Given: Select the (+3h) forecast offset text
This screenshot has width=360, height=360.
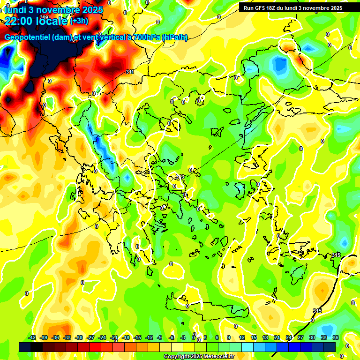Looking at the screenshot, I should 78,21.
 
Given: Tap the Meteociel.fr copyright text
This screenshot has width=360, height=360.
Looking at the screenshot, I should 199,357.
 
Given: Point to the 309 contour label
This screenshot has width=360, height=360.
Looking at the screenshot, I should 44,17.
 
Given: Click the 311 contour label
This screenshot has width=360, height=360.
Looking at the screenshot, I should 130,72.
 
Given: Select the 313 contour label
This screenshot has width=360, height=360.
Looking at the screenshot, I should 180,177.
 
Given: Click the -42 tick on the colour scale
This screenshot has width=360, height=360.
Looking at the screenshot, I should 32,337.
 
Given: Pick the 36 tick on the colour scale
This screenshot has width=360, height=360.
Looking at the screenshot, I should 335,337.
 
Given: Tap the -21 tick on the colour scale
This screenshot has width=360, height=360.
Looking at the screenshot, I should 114,337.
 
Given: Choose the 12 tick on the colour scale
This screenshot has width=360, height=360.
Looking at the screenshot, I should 242,337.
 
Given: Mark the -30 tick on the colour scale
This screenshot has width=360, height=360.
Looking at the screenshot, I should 79,337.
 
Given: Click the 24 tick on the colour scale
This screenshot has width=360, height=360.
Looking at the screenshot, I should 289,337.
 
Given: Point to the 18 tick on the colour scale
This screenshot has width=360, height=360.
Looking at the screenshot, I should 265,337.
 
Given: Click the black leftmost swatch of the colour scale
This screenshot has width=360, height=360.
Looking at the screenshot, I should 25,347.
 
